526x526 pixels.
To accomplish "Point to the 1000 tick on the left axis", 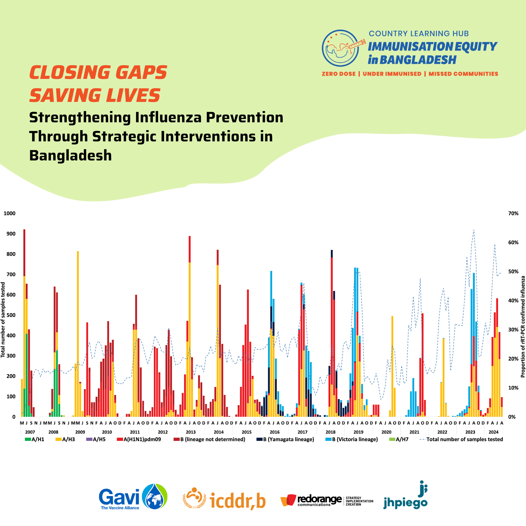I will click(10, 213).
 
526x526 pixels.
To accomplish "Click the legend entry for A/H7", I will click(399, 440).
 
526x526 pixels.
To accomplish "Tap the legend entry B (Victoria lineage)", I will click(352, 440).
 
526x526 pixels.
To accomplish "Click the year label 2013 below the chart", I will click(191, 432).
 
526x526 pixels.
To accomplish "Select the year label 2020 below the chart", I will click(386, 432).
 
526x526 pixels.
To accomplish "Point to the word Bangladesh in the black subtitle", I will click(70, 155).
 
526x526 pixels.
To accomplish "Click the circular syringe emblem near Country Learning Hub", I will click(341, 48).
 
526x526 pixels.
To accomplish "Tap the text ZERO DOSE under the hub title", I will click(339, 74).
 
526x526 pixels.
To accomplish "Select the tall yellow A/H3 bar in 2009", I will click(78, 329).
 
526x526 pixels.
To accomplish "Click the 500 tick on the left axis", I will click(12, 315).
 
